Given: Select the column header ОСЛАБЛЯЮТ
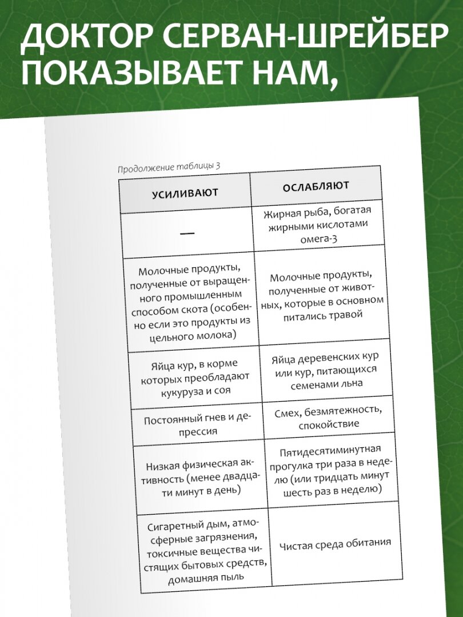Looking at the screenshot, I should point(316,187).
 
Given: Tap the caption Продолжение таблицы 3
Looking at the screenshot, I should point(169,167).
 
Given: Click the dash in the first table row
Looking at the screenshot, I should point(187,233).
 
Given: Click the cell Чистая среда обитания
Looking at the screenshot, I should point(336,543).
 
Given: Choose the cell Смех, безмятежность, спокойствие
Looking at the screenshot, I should point(328,418).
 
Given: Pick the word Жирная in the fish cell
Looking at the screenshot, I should point(282,215).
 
